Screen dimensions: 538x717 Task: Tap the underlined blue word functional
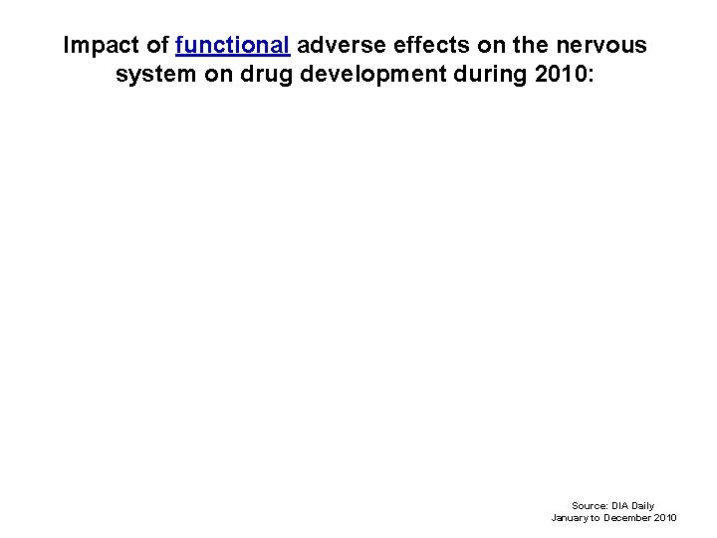pos(232,46)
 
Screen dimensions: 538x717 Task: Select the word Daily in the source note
pos(643,506)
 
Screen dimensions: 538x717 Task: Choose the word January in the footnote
pos(572,518)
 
